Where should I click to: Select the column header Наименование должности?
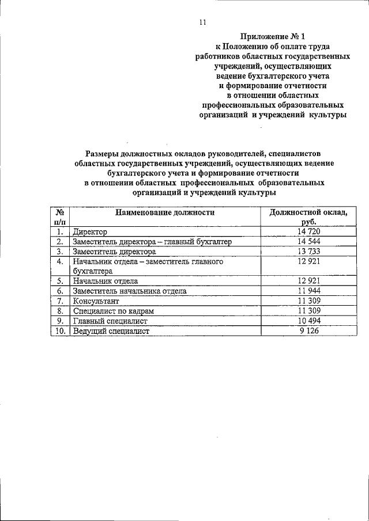click(x=164, y=212)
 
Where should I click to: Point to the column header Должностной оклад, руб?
click(x=308, y=217)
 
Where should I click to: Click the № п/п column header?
click(x=58, y=217)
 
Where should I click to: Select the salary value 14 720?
click(x=308, y=231)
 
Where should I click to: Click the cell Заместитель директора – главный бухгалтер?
click(x=152, y=242)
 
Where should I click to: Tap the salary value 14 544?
click(x=308, y=242)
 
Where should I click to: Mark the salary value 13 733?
click(x=308, y=252)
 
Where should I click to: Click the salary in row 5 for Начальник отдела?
click(x=308, y=281)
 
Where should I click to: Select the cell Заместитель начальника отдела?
click(x=129, y=291)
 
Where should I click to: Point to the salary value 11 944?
click(x=308, y=291)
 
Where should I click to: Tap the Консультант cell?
click(x=95, y=301)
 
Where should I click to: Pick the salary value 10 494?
click(x=308, y=321)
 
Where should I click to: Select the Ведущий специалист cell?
click(x=111, y=331)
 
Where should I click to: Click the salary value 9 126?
click(x=308, y=331)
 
